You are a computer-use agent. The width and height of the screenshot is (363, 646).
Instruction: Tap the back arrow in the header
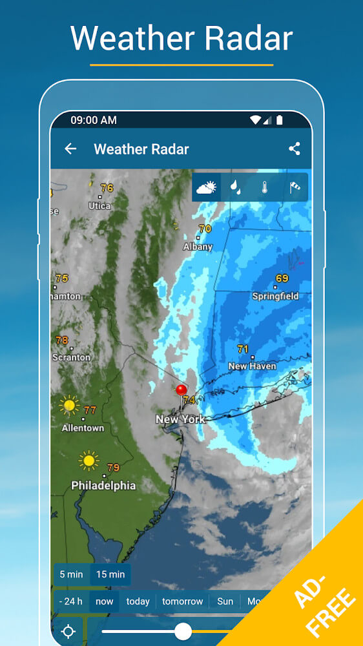pos(70,149)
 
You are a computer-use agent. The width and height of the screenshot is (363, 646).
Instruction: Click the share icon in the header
pos(295,149)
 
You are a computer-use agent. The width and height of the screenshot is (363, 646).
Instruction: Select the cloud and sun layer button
pos(207,187)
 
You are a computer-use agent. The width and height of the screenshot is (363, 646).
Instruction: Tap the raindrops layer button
pos(236,187)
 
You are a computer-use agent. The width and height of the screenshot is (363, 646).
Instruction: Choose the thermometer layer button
pos(265,187)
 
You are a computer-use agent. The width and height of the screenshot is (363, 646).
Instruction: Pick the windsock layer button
pos(295,187)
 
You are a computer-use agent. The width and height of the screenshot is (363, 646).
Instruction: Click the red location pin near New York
pos(181,390)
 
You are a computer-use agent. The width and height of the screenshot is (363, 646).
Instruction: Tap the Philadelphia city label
pos(103,485)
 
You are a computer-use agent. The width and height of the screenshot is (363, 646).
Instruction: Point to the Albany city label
pos(198,247)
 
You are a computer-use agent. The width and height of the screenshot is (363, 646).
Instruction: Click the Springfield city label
pos(275,297)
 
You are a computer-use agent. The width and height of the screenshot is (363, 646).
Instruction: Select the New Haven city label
pos(252,366)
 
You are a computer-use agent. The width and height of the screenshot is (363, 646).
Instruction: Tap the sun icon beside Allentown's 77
pos(68,406)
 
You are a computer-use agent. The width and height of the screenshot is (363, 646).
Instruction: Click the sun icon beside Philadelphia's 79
pos(89,461)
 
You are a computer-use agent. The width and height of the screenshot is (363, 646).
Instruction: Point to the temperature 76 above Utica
pos(107,188)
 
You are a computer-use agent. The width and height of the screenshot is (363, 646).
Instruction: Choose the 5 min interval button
pos(71,574)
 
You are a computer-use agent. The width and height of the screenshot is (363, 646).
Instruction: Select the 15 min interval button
pos(110,574)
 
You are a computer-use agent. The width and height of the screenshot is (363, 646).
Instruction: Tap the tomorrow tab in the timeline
pos(183,601)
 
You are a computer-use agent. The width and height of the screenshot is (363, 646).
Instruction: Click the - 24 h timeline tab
pos(71,601)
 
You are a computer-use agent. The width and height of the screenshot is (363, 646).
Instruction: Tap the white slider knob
pos(183,631)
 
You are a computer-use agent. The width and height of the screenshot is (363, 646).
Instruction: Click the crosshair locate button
pos(69,631)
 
